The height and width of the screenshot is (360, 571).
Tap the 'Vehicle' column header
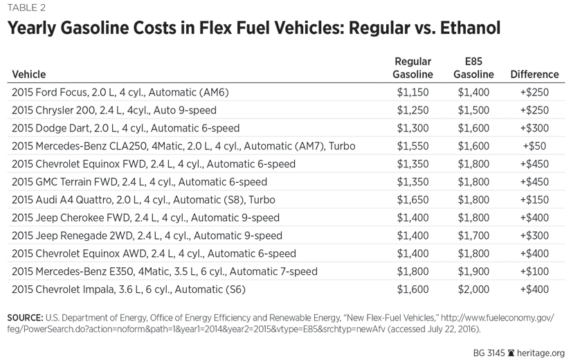coord(29,74)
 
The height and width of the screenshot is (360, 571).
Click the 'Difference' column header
coord(534,74)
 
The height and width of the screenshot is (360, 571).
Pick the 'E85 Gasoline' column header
coord(473,68)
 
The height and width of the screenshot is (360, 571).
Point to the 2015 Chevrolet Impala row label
coord(129,289)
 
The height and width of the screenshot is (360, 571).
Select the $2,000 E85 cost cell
coord(473,289)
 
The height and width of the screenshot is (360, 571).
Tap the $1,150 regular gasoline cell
coord(413,92)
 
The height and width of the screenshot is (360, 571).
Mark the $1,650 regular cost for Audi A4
coord(413,200)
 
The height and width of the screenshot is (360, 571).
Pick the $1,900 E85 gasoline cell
coord(473,271)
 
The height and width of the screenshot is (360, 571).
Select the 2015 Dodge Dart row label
coord(126,128)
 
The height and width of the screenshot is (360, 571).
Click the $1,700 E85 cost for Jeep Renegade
coord(473,235)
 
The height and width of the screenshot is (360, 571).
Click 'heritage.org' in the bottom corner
coord(542,352)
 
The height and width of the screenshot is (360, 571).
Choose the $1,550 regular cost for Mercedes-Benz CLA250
coord(413,146)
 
